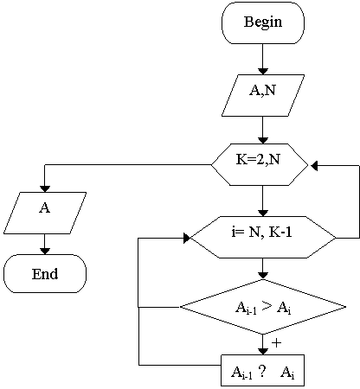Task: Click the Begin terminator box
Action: [x=263, y=22]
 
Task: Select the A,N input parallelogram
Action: [x=263, y=96]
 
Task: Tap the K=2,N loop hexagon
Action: [x=260, y=164]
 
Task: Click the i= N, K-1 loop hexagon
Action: [x=263, y=237]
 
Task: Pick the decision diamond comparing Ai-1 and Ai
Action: [x=263, y=307]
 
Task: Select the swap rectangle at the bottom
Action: [x=262, y=370]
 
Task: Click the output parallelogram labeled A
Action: [x=45, y=213]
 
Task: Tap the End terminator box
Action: [x=45, y=273]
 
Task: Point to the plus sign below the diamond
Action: [x=276, y=343]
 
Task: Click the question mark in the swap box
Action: [x=262, y=372]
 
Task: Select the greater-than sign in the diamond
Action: [x=267, y=307]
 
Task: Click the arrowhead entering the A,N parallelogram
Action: [x=263, y=72]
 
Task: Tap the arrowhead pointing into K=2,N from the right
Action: [x=314, y=166]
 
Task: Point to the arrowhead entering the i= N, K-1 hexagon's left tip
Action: [x=187, y=239]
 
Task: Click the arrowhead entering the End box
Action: [x=45, y=251]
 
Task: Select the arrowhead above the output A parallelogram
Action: [x=45, y=188]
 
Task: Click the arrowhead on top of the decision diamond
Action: [x=263, y=276]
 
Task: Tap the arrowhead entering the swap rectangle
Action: [x=263, y=352]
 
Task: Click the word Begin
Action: [x=263, y=22]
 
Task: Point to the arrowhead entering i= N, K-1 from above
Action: [x=263, y=213]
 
